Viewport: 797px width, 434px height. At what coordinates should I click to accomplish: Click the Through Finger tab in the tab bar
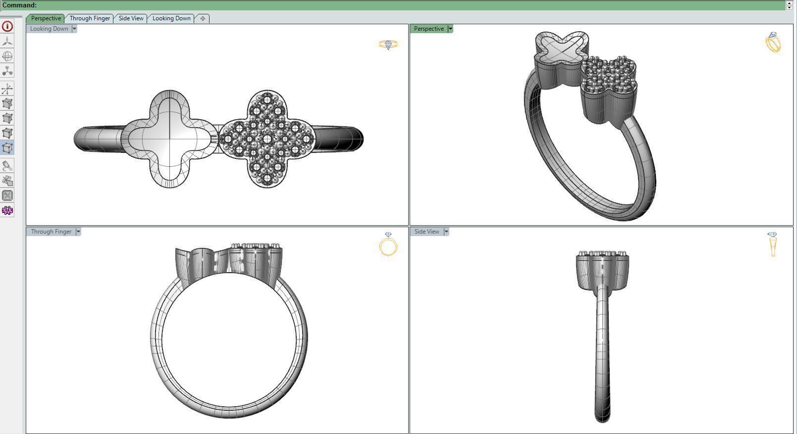point(90,18)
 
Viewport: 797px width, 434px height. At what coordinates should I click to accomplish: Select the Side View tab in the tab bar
point(131,18)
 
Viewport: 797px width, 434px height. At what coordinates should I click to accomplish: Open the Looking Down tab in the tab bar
point(171,18)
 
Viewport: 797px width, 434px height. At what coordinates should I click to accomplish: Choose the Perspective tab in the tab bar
point(46,18)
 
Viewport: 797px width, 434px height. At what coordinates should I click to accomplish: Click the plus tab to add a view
point(203,18)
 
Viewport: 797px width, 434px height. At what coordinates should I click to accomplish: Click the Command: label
point(19,5)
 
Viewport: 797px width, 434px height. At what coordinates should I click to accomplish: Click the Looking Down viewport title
point(49,29)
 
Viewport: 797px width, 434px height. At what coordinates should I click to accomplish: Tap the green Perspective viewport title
point(428,29)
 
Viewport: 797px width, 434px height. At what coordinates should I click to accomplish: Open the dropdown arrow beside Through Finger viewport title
point(78,232)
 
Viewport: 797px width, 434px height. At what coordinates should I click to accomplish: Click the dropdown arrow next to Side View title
point(446,232)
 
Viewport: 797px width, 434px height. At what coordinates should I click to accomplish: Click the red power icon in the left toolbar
point(7,26)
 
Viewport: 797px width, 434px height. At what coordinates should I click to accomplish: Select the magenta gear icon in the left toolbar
point(7,211)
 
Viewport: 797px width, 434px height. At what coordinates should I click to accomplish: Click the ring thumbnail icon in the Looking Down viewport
point(388,45)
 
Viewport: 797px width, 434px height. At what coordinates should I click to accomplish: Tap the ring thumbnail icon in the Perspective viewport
point(773,43)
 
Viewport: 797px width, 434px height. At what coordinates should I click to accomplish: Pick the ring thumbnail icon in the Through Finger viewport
point(388,244)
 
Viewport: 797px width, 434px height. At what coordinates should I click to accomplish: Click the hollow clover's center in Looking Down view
point(170,139)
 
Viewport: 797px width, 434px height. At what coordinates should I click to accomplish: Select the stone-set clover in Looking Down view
point(267,139)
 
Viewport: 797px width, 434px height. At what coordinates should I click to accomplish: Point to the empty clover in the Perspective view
point(562,49)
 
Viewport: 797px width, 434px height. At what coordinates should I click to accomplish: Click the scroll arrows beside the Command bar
point(789,5)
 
